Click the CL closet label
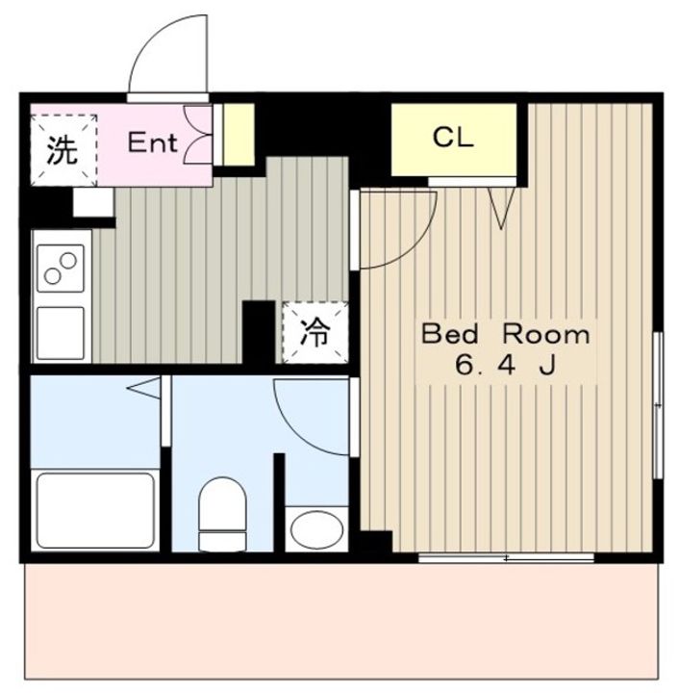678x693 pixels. (453, 138)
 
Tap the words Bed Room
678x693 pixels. (506, 335)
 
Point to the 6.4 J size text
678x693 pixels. (506, 367)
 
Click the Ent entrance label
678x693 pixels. (153, 143)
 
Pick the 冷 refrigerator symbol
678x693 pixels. (314, 332)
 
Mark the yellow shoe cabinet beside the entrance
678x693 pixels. (239, 134)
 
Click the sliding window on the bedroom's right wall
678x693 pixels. (658, 405)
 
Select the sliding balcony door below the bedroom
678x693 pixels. (507, 558)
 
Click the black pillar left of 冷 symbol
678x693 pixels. (258, 332)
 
